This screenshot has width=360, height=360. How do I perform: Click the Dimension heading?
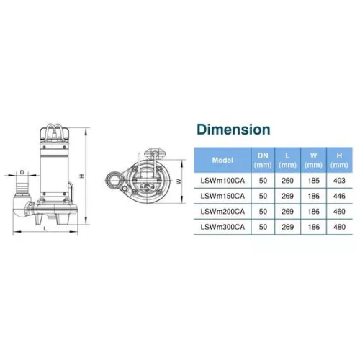pyautogui.click(x=233, y=130)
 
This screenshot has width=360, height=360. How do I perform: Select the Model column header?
pyautogui.click(x=222, y=160)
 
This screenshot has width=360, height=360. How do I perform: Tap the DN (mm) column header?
pyautogui.click(x=263, y=161)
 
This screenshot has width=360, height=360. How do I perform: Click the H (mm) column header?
pyautogui.click(x=339, y=161)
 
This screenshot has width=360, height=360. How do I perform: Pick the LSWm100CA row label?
pyautogui.click(x=222, y=181)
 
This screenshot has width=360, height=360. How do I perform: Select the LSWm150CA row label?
pyautogui.click(x=222, y=196)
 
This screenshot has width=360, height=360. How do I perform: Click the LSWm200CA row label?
pyautogui.click(x=222, y=212)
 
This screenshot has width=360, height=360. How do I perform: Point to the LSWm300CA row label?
pyautogui.click(x=222, y=227)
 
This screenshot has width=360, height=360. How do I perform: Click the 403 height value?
pyautogui.click(x=339, y=181)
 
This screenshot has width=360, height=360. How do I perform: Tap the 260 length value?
pyautogui.click(x=287, y=181)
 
